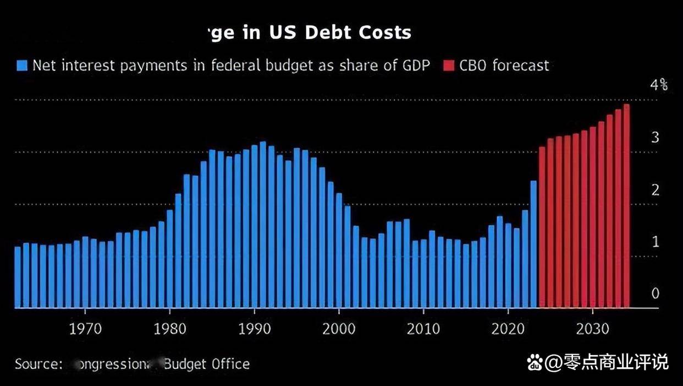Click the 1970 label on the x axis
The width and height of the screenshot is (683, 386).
coord(85,329)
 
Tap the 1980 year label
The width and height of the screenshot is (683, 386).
coord(170,329)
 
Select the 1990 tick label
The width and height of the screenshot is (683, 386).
coord(255,329)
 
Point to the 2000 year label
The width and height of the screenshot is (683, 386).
coord(339,329)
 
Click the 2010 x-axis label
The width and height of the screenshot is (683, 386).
coord(424,329)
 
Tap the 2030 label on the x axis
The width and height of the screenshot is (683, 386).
coord(593,329)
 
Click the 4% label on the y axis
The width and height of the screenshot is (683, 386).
coord(659,85)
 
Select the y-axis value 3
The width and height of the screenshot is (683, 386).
coord(655,138)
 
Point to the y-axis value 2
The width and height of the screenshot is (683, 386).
coord(655,190)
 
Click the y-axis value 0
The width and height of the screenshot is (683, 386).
coord(655,293)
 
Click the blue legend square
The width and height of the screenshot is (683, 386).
coord(22,66)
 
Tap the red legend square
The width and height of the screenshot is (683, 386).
coord(448,66)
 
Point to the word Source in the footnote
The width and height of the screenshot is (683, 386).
coord(37,364)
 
